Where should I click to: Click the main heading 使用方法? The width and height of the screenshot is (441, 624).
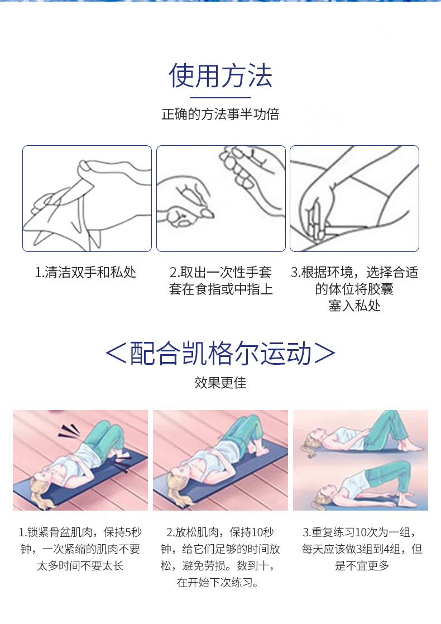(x=220, y=77)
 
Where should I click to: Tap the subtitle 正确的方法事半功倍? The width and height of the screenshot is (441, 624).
(x=220, y=115)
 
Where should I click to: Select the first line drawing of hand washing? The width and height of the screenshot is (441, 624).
(x=87, y=198)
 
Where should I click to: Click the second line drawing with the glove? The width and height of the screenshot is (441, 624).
(x=220, y=198)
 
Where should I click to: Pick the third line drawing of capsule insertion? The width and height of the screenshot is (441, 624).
(x=354, y=198)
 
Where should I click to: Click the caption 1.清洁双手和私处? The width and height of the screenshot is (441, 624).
(x=85, y=273)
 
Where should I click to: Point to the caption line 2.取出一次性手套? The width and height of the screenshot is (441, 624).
(x=220, y=273)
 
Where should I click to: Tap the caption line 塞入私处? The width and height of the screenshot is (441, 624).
(x=354, y=306)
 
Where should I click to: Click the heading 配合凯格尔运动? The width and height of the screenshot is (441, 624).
(x=220, y=354)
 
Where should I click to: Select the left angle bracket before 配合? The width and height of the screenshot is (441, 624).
(x=116, y=354)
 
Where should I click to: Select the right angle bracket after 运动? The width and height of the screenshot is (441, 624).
(x=325, y=354)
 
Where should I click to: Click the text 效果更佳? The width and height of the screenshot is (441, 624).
(x=220, y=383)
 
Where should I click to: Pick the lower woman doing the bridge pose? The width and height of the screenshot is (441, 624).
(x=363, y=483)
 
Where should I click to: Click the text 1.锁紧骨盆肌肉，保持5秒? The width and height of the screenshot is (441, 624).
(x=80, y=532)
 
